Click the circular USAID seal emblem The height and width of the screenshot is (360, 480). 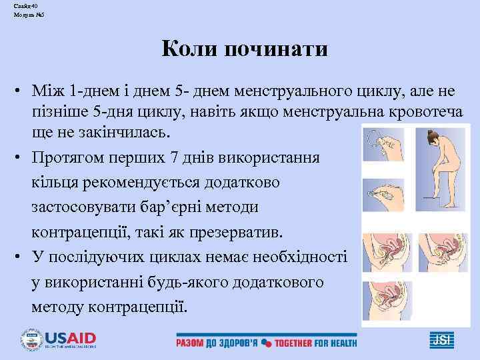click(31, 338)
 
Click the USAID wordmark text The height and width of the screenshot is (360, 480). click(70, 337)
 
